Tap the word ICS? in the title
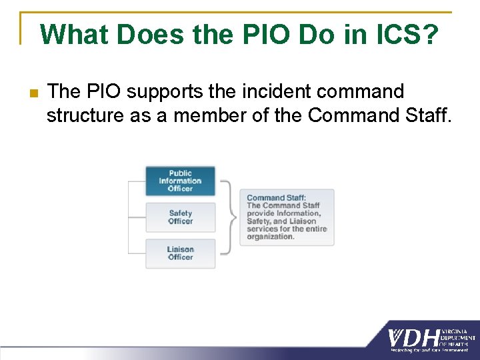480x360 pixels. (x=404, y=34)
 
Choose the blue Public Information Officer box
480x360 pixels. (x=180, y=181)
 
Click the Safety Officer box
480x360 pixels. (x=180, y=217)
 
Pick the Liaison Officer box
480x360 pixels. (x=180, y=253)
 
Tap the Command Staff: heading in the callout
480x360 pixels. (x=276, y=197)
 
